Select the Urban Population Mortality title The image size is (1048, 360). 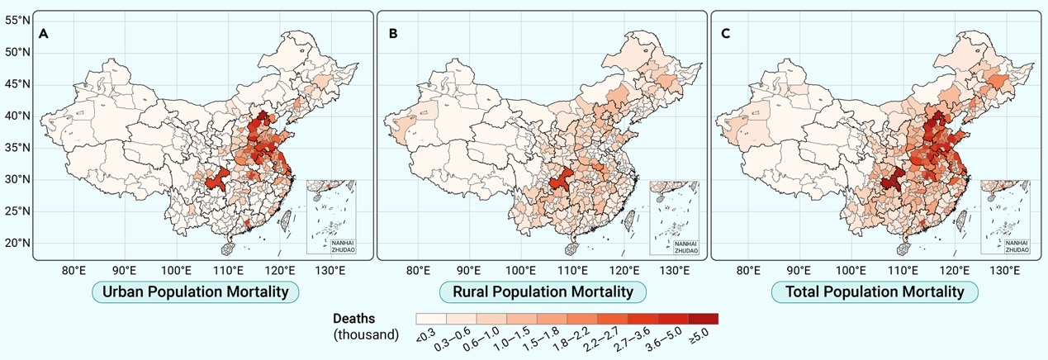point(195,292)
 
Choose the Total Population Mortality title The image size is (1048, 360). point(875,292)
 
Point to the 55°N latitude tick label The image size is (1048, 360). point(18,20)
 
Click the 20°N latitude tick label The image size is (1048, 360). point(18,244)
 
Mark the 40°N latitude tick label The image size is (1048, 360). point(18,116)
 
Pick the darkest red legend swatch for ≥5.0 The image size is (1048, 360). point(704,319)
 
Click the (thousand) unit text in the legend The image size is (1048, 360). point(368,334)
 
